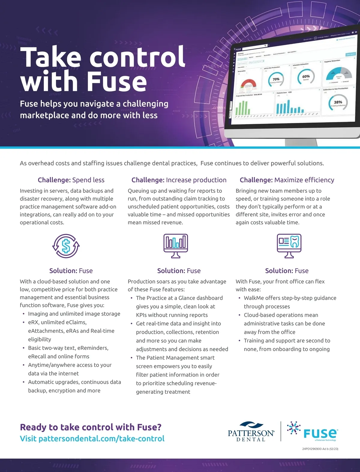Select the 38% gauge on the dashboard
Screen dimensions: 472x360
pyautogui.click(x=338, y=102)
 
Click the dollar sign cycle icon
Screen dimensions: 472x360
pyautogui.click(x=66, y=246)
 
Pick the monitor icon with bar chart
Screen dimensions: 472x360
pyautogui.click(x=176, y=246)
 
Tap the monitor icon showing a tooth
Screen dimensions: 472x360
pyautogui.click(x=289, y=246)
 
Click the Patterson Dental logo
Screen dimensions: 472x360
pyautogui.click(x=251, y=432)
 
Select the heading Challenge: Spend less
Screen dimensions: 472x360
pyautogui.click(x=71, y=180)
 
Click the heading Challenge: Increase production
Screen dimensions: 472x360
pyautogui.click(x=179, y=180)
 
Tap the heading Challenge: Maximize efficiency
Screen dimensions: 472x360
pyautogui.click(x=287, y=180)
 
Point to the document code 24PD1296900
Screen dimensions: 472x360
pyautogui.click(x=312, y=449)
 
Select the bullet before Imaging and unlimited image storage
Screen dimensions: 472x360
pyautogui.click(x=24, y=314)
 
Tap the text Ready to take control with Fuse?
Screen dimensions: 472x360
pyautogui.click(x=91, y=427)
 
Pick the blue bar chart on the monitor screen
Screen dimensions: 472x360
pyautogui.click(x=288, y=107)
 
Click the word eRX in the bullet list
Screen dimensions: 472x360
pyautogui.click(x=33, y=322)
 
